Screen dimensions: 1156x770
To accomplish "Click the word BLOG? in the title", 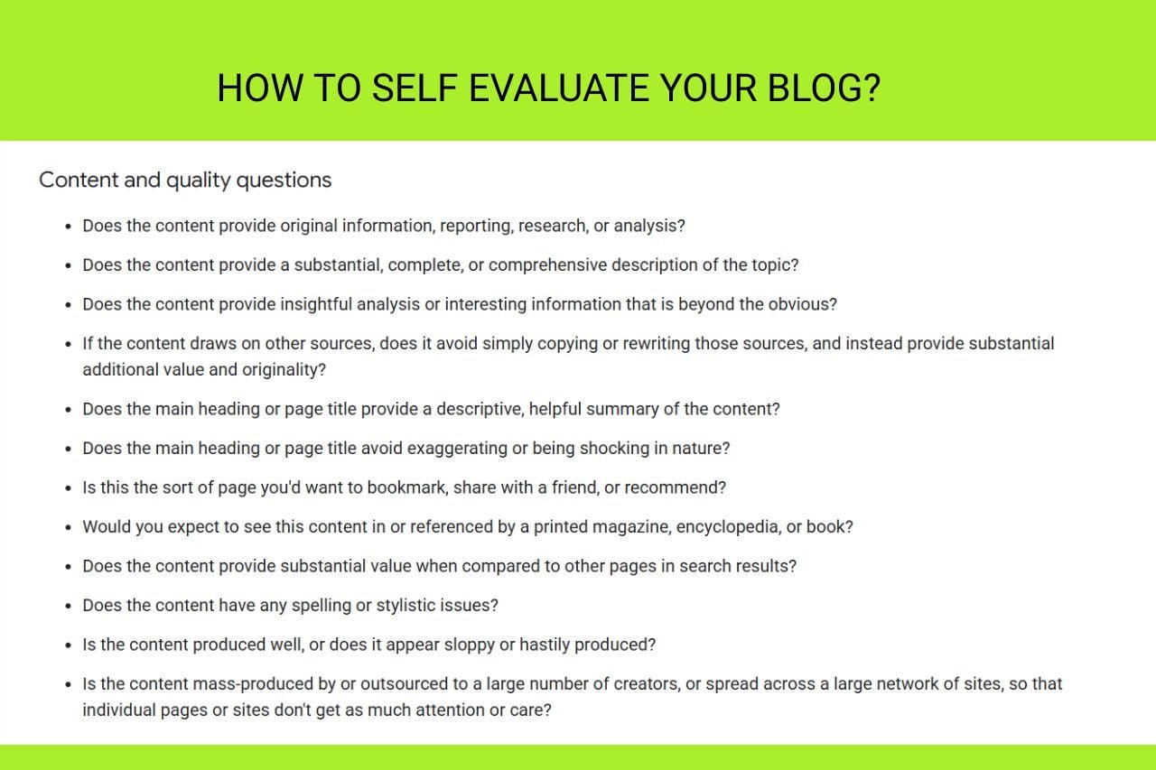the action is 824,88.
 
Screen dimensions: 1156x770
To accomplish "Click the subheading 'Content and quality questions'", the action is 185,180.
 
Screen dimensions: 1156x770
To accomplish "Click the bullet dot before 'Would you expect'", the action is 68,527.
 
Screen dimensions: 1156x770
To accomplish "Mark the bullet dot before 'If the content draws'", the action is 68,344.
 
